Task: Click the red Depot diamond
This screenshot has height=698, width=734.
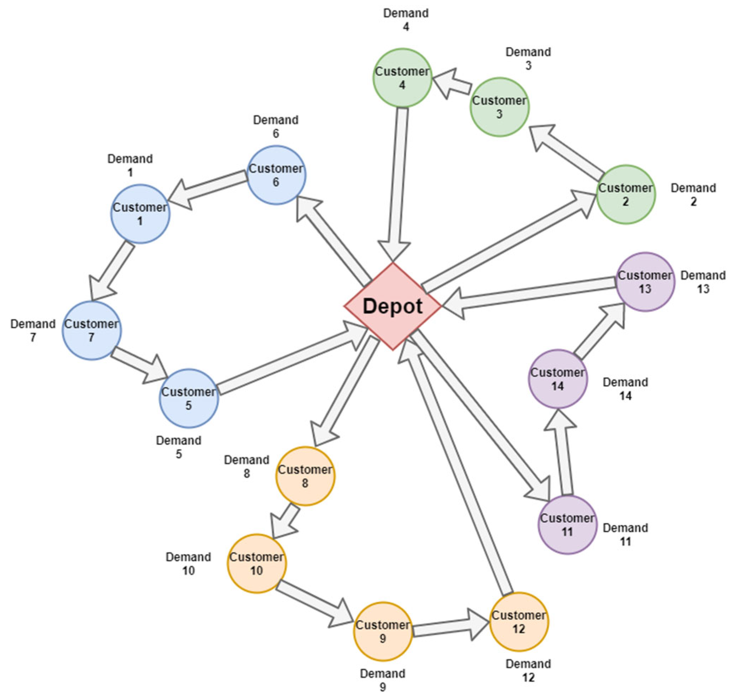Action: pyautogui.click(x=393, y=306)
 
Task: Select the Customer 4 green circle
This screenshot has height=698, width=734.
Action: pyautogui.click(x=402, y=78)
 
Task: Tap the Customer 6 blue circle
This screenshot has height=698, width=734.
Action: pyautogui.click(x=276, y=175)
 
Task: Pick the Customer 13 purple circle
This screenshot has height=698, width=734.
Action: pyautogui.click(x=645, y=282)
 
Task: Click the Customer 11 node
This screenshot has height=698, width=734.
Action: pyautogui.click(x=567, y=525)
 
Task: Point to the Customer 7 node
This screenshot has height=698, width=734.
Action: pyautogui.click(x=92, y=331)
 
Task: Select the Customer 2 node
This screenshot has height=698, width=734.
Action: pyautogui.click(x=626, y=194)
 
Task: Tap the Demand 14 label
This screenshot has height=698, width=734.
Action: pyautogui.click(x=625, y=388)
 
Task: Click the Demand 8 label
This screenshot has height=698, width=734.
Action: pyautogui.click(x=246, y=467)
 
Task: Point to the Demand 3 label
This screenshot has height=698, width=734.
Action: pyautogui.click(x=528, y=59)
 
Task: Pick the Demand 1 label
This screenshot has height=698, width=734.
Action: pyautogui.click(x=130, y=165)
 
